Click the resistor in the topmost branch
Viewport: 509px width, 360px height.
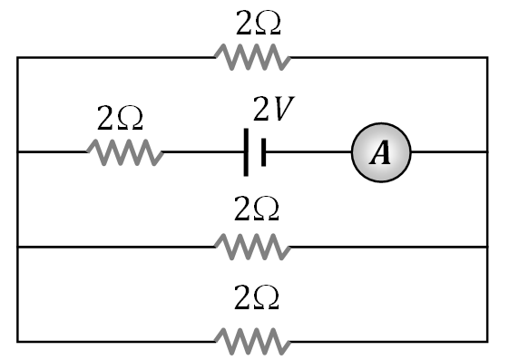point(252,58)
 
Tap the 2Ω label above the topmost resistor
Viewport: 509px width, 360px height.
point(258,24)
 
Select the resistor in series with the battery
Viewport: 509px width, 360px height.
point(125,152)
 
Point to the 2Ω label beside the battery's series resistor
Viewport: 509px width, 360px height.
point(121,118)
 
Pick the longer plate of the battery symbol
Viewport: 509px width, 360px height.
point(246,152)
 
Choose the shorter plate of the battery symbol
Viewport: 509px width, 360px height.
point(263,152)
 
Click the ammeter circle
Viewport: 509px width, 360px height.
point(381,152)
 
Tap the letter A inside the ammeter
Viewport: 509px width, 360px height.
point(381,152)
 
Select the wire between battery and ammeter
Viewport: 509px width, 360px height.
point(308,152)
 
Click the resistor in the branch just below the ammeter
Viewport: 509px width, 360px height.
point(252,246)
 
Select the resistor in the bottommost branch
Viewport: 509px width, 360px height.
point(252,341)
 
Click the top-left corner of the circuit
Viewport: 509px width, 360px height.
point(18,58)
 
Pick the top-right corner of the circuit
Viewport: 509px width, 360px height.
point(487,58)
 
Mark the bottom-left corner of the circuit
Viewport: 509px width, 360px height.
point(18,341)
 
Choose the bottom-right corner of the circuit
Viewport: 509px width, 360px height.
point(487,341)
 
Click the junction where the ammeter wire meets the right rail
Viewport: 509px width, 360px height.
point(487,152)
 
